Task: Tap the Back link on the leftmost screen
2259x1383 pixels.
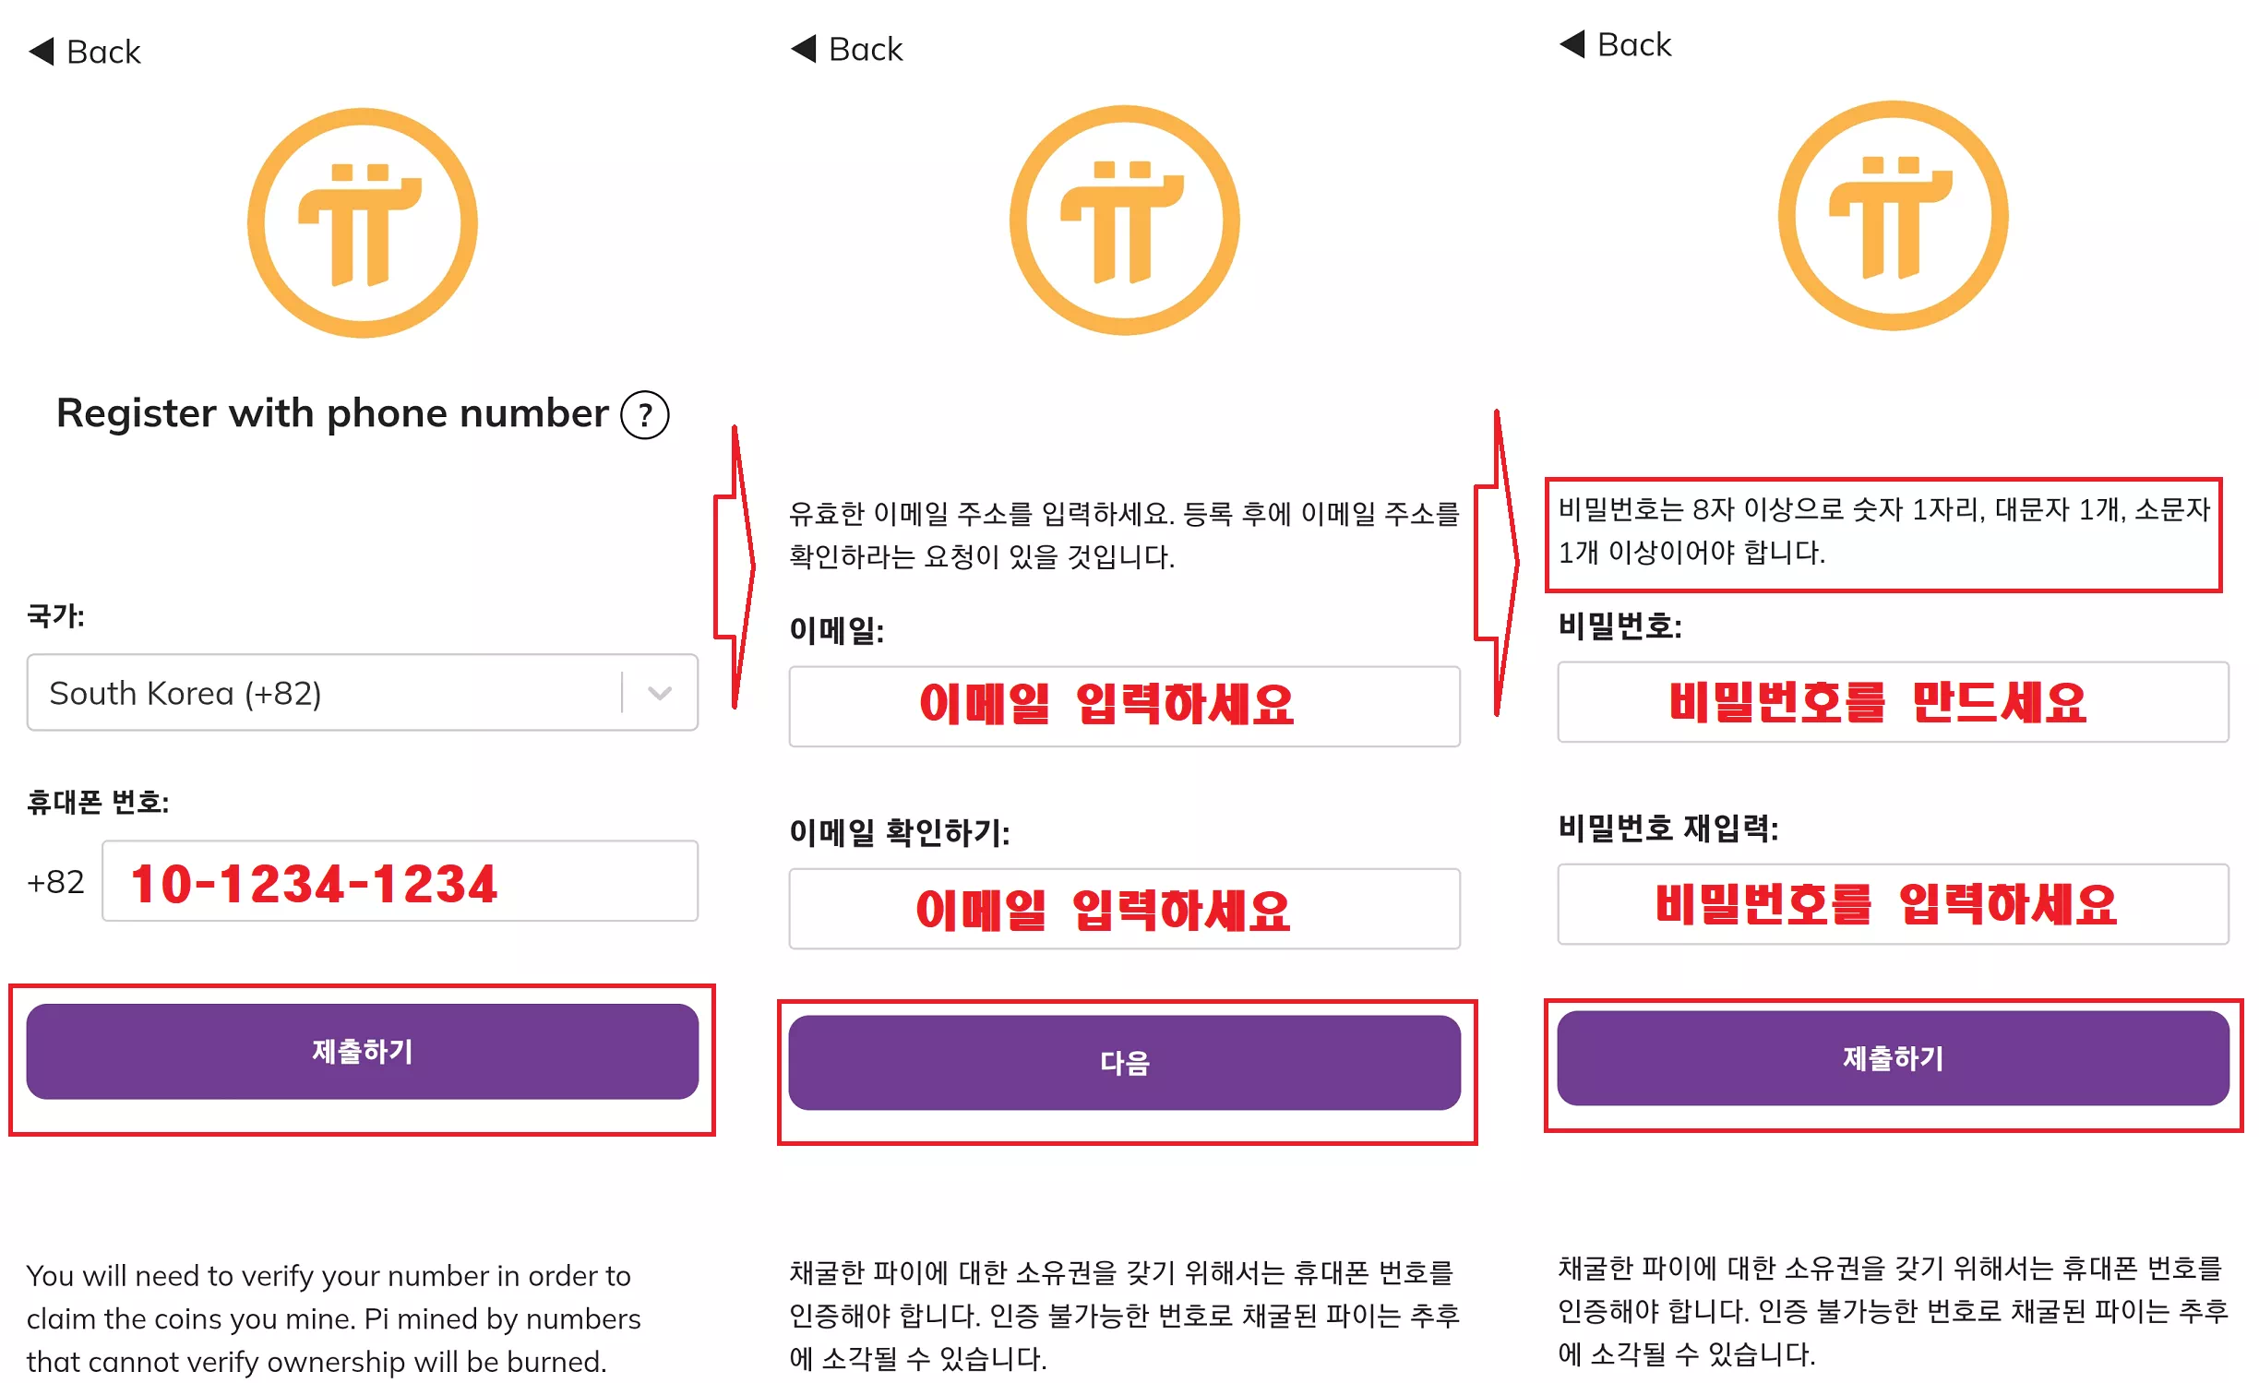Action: tap(86, 52)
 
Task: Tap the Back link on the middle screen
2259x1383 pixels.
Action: tap(847, 49)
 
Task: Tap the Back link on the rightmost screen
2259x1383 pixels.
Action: tap(1616, 44)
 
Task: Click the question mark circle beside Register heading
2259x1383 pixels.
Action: tap(644, 415)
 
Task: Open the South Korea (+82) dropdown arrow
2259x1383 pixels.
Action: tap(659, 693)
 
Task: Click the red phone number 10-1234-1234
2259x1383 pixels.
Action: tap(314, 883)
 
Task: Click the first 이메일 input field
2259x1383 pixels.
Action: tap(1124, 706)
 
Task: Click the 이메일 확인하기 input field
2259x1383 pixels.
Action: tap(1124, 909)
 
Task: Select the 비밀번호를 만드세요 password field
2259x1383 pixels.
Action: tap(1892, 702)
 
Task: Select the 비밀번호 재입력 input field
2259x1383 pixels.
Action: tap(1892, 904)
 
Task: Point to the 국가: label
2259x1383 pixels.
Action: tap(55, 615)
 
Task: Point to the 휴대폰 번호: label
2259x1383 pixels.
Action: tap(98, 802)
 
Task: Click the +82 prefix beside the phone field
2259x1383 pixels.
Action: tap(55, 882)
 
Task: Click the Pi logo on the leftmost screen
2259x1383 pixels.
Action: tap(363, 223)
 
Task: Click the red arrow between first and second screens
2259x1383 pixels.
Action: tap(735, 566)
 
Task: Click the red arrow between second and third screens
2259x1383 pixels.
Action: tap(1497, 563)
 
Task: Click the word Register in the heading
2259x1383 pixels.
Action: tap(137, 413)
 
